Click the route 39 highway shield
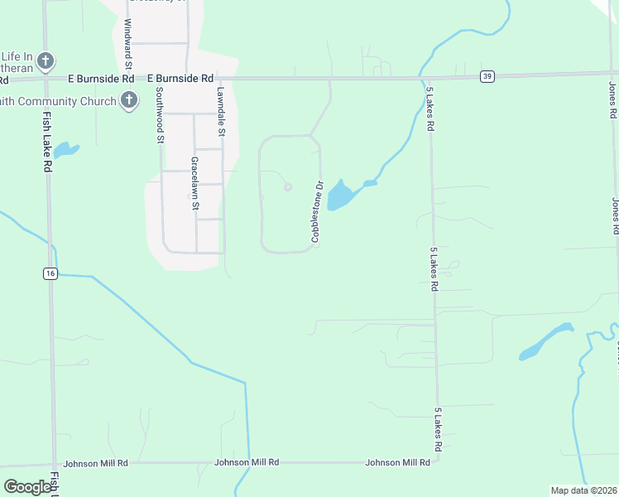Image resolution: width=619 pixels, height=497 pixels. pos(487,76)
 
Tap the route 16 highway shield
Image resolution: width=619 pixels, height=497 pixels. pos(51,273)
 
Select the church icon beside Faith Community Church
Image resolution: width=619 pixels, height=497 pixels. pos(128,101)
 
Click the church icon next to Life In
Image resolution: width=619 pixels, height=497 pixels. pos(46,60)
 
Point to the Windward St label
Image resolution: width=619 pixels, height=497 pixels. pos(128,44)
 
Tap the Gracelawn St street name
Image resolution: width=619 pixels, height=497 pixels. pos(196,184)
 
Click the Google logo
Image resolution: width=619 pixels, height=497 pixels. pos(27,487)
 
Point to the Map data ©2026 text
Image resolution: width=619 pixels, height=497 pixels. pos(583,490)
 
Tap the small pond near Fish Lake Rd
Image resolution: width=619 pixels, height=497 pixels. pos(65,151)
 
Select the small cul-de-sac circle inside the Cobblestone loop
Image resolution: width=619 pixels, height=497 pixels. pos(288,187)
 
